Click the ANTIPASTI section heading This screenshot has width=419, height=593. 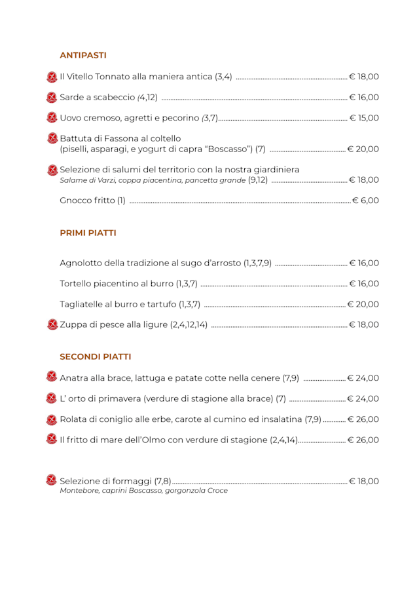(83, 55)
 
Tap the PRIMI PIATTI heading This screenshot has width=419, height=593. (88, 233)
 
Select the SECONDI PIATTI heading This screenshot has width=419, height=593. (95, 356)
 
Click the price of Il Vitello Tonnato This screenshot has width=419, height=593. (364, 77)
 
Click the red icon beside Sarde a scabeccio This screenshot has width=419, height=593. (52, 98)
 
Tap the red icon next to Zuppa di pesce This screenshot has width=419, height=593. (52, 324)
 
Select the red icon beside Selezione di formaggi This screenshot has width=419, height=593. (52, 480)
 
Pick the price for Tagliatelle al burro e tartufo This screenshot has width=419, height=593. (363, 304)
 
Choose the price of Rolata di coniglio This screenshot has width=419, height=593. (363, 419)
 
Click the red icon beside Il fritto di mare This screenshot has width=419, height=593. (52, 439)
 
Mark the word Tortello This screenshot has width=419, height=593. (76, 284)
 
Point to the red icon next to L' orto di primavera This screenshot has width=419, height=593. (52, 398)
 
